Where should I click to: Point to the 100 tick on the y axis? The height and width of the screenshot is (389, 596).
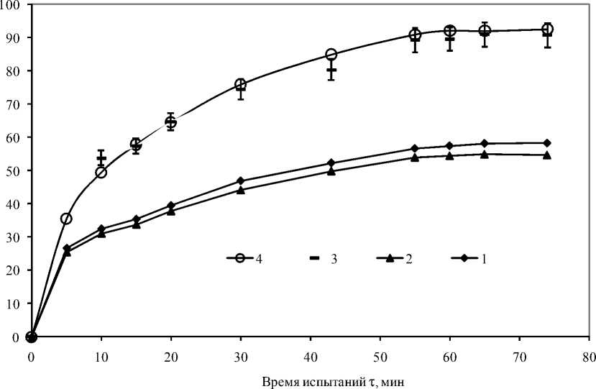(x=13, y=4)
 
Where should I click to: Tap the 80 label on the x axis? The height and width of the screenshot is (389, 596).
(x=588, y=355)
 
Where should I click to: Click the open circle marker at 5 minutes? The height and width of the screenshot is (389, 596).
(x=66, y=219)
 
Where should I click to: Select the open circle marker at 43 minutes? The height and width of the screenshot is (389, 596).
(x=331, y=55)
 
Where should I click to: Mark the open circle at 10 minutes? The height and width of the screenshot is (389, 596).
(x=101, y=173)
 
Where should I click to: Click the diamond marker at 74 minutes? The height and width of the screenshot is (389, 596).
(x=546, y=142)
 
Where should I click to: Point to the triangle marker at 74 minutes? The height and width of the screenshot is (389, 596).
(x=546, y=155)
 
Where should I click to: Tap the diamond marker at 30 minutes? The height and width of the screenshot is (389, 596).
(x=240, y=181)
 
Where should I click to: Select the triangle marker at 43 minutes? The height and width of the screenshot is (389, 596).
(x=331, y=171)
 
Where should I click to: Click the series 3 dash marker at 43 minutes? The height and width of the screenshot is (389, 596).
(x=331, y=70)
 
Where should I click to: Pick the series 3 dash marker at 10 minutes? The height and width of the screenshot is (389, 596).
(x=101, y=157)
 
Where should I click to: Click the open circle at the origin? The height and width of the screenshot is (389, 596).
(x=31, y=337)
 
